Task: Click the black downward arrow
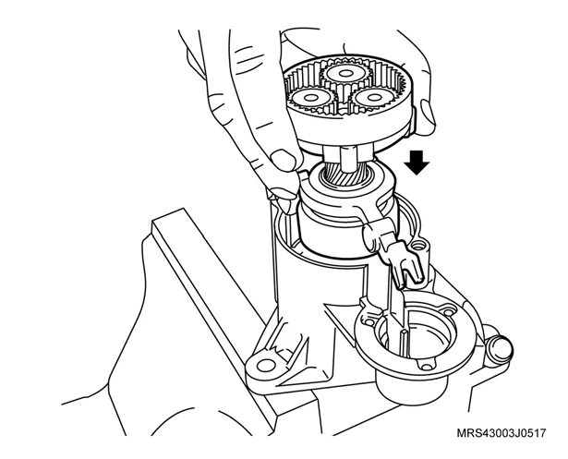tap(417, 163)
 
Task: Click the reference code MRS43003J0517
tap(501, 433)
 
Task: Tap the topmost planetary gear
tap(345, 74)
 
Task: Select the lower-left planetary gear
tap(310, 98)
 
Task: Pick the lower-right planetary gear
tap(371, 97)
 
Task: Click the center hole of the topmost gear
tap(345, 74)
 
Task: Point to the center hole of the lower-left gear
tap(310, 98)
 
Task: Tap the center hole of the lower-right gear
tap(373, 97)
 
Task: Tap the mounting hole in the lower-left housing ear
tap(266, 365)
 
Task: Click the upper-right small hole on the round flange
tap(449, 311)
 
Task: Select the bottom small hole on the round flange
tap(428, 367)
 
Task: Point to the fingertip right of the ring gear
tap(427, 116)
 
